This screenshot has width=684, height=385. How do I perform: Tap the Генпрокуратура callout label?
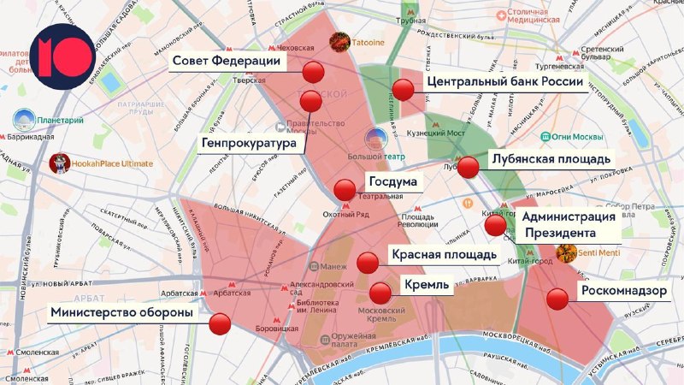[251, 141]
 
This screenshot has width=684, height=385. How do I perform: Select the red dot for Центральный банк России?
[404, 88]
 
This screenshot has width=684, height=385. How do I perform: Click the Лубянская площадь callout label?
[550, 158]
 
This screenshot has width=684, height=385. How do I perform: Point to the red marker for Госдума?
[345, 190]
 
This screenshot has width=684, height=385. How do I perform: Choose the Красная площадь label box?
[443, 254]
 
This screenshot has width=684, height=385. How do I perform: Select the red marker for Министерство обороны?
[221, 324]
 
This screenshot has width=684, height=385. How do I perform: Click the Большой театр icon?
[375, 139]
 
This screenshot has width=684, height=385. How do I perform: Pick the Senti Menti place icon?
[565, 253]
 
